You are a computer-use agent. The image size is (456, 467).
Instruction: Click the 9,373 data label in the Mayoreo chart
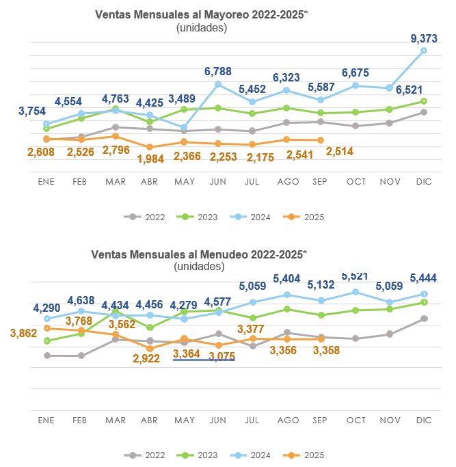point(424,39)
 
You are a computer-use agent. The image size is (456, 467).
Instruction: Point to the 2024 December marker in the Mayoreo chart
point(424,51)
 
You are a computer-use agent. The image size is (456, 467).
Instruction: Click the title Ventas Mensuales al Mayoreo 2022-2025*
point(201,15)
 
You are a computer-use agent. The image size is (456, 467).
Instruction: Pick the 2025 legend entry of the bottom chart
point(305,455)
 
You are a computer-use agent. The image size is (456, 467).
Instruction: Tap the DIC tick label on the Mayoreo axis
point(424,182)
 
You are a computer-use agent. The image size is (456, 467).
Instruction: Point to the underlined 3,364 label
point(187,353)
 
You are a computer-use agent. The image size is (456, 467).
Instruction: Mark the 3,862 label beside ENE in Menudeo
point(23,333)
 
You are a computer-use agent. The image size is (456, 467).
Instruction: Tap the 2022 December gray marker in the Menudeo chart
point(424,319)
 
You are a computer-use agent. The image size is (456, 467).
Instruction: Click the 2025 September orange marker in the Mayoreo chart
point(321,140)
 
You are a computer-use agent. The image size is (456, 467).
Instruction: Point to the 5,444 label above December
point(423,278)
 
